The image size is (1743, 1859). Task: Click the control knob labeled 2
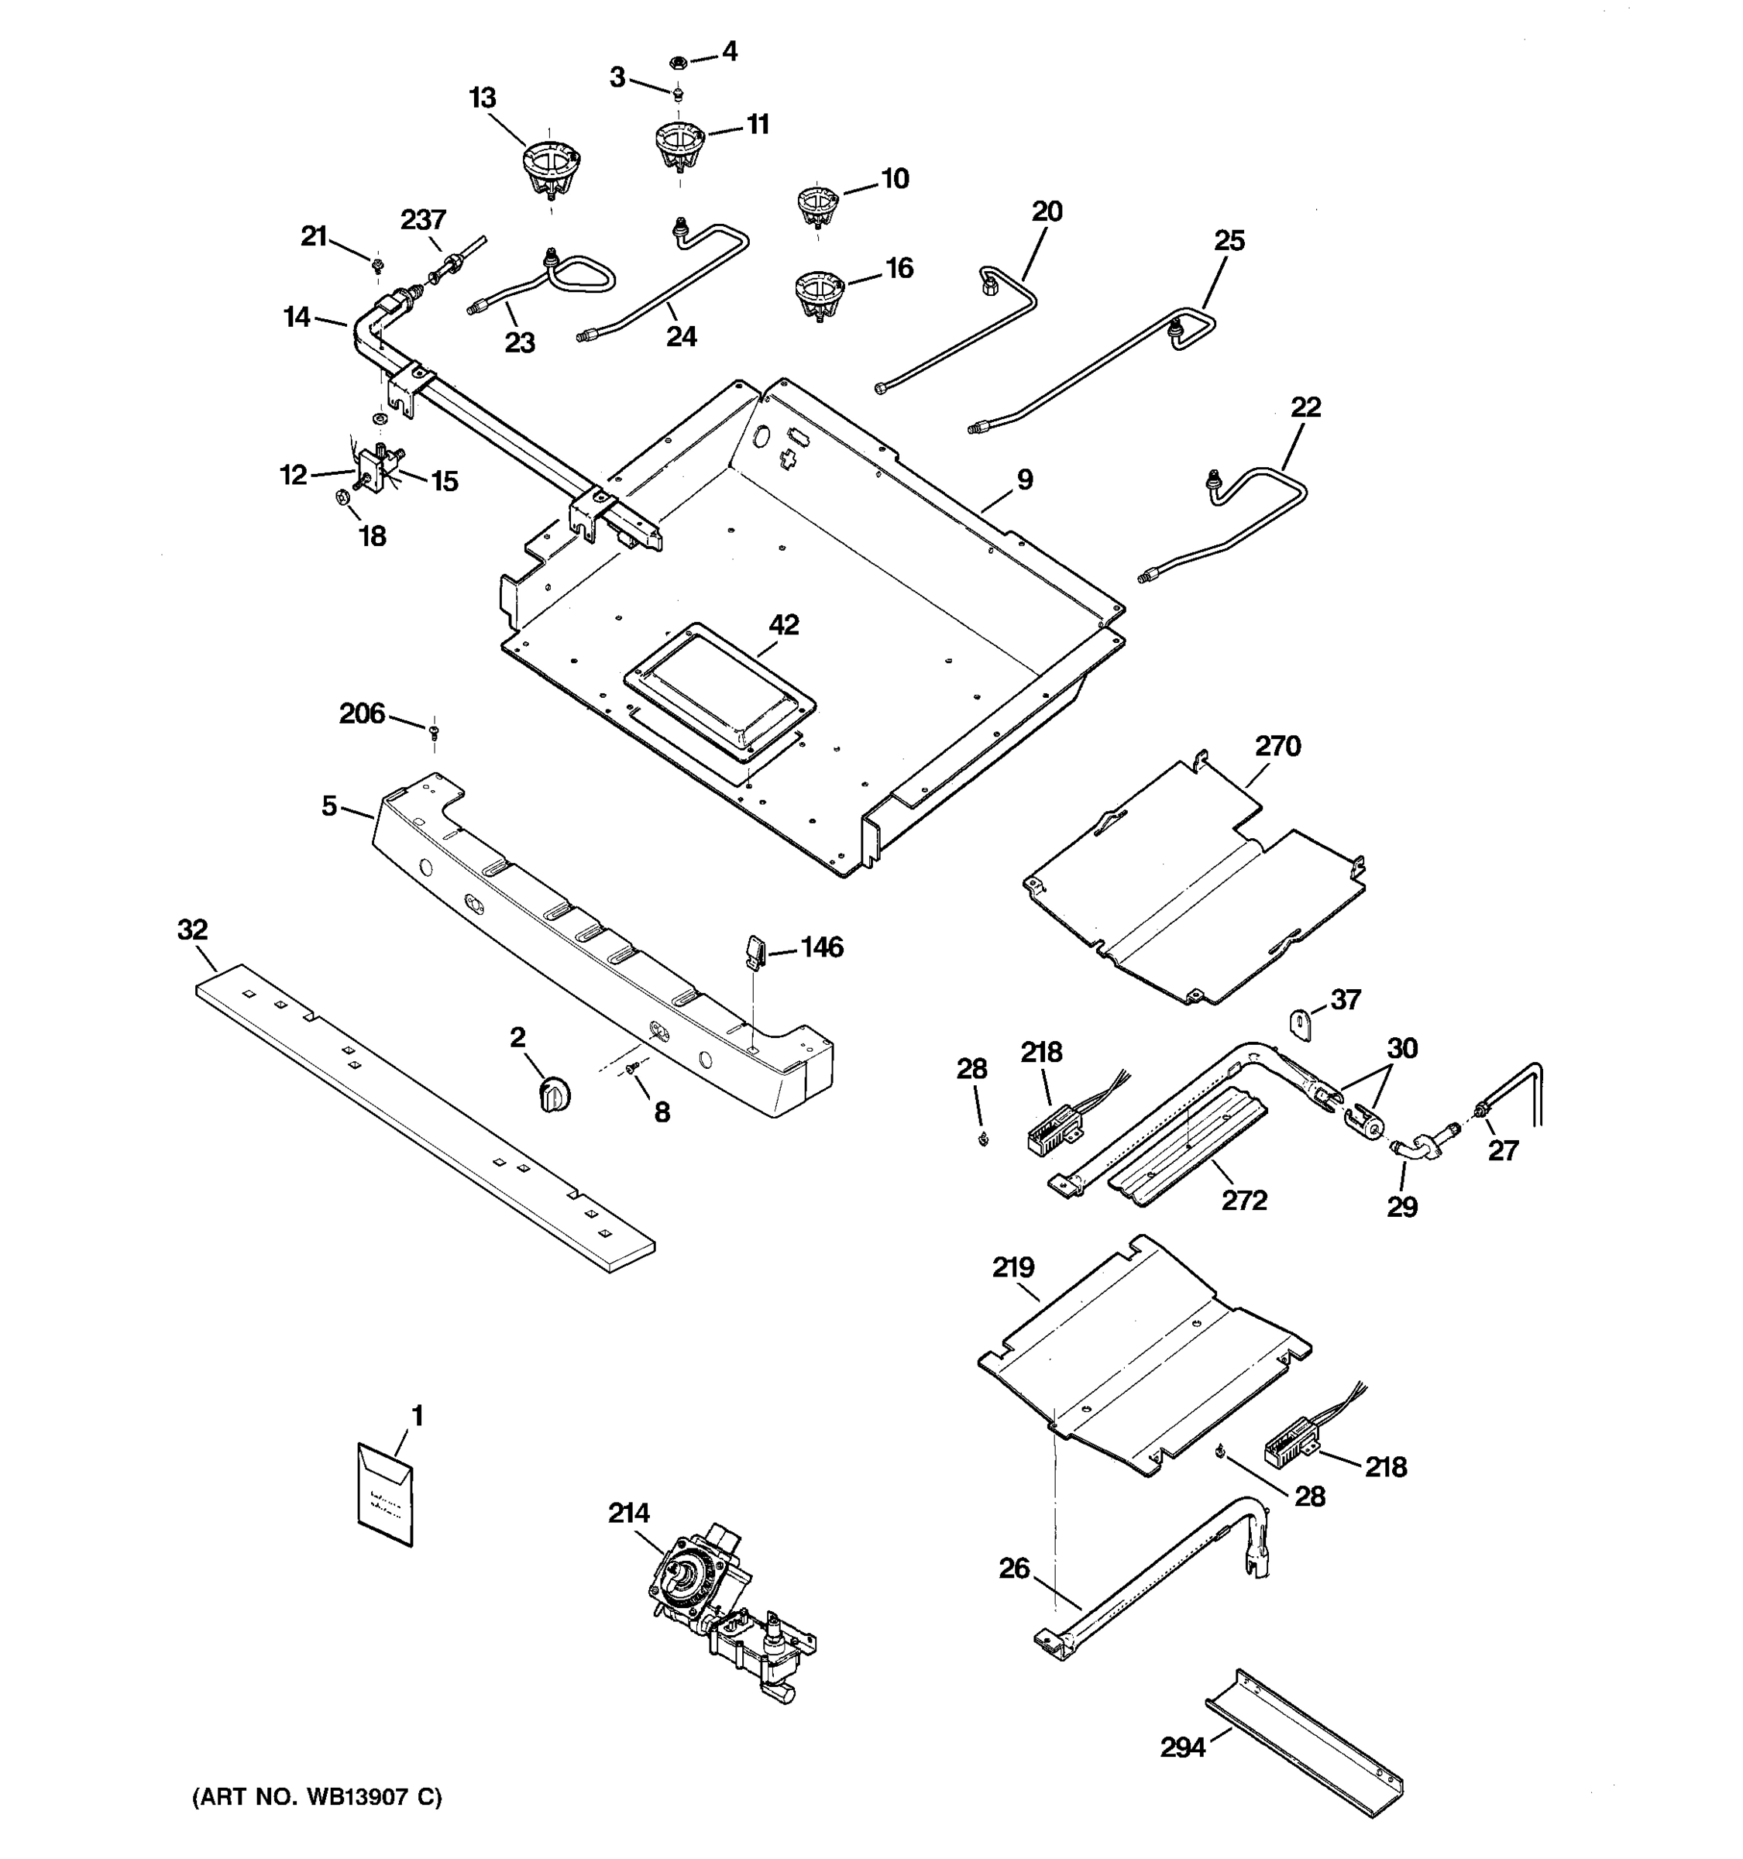tap(555, 1093)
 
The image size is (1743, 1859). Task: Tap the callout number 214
tap(628, 1512)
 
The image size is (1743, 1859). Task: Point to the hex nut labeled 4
tap(679, 63)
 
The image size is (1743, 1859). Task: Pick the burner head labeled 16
tap(819, 293)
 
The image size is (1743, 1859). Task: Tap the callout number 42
tap(784, 624)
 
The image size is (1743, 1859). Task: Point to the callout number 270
tap(1277, 745)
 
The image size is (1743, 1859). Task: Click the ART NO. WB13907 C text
tap(317, 1796)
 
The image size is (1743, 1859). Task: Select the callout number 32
tap(193, 929)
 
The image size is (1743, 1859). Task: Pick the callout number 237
tap(424, 220)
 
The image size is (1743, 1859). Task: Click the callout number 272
tap(1243, 1200)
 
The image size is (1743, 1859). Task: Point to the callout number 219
tap(1012, 1267)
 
